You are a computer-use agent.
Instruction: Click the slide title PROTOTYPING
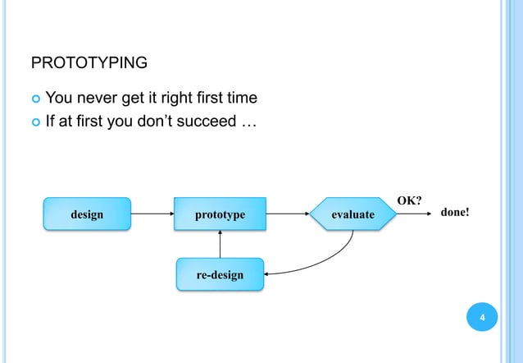(89, 63)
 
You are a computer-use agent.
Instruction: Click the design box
(87, 214)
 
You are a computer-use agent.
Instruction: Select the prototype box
(220, 214)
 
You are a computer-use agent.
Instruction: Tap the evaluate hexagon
(353, 214)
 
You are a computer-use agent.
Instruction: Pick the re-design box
(220, 274)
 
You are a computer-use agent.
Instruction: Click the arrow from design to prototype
(151, 214)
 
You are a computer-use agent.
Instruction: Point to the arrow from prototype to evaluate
(288, 214)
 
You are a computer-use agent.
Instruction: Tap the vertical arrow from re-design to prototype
(220, 245)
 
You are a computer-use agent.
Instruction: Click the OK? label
(410, 200)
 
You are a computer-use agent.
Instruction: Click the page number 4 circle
(483, 318)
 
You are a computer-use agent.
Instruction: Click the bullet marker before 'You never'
(34, 99)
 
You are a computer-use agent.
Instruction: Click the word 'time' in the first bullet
(242, 99)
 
